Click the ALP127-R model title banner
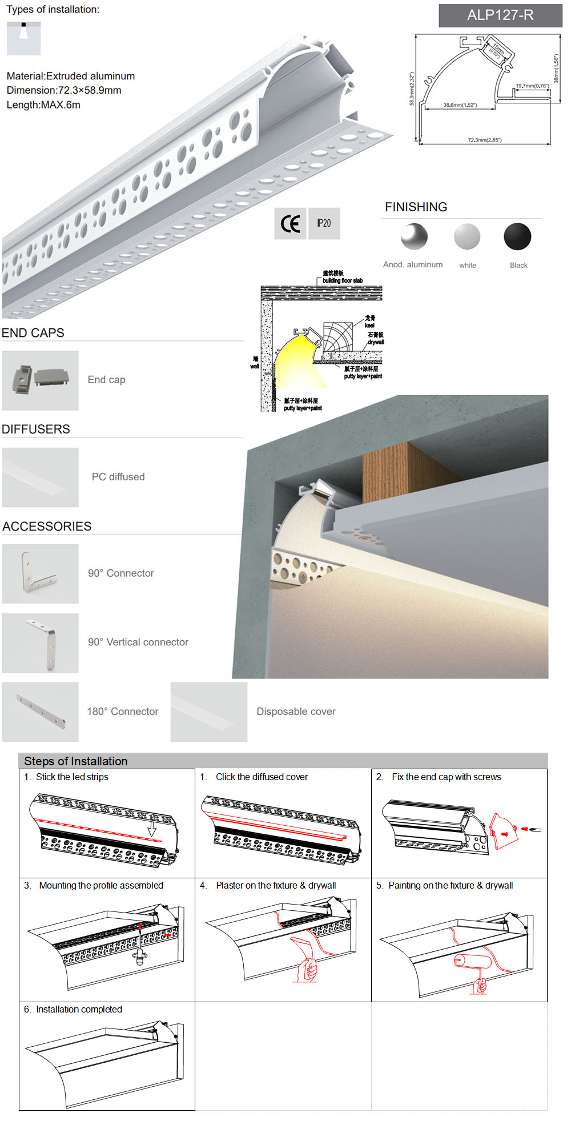500,15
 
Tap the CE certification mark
290,224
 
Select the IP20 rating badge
324,223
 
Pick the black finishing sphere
517,236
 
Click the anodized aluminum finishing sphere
414,236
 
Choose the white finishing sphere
467,236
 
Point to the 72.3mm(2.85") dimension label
484,140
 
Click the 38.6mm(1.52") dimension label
460,105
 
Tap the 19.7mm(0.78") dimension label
532,86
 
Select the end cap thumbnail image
41,380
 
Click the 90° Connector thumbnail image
41,573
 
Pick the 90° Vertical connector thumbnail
41,643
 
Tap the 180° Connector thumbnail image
41,712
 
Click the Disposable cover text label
296,712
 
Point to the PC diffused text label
118,477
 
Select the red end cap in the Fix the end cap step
504,831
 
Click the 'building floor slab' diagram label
342,280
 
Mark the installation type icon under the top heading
24,38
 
